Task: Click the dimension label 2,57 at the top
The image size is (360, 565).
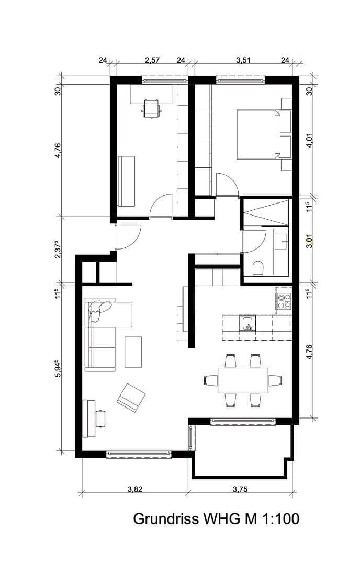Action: (152, 61)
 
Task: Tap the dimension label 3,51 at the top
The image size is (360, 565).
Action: (243, 61)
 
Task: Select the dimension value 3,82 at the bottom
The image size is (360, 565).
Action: (134, 489)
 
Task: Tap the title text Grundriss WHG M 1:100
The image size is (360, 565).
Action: (216, 519)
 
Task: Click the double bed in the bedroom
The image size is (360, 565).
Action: (258, 134)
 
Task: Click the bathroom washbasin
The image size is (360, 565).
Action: (282, 240)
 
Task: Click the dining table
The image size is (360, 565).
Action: (243, 380)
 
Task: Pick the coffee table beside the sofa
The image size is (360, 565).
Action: (133, 352)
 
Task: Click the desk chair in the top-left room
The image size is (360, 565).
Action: (152, 108)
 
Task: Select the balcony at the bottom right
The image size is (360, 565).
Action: (241, 450)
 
